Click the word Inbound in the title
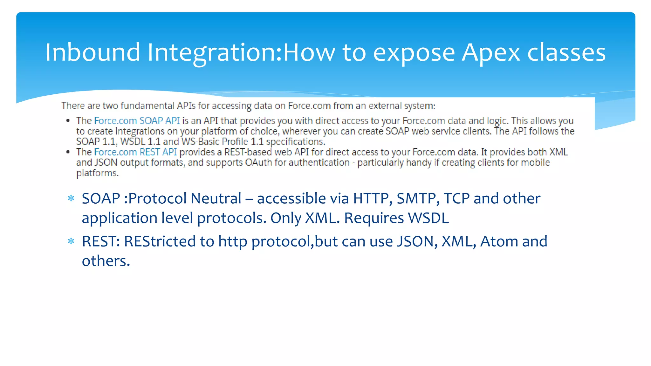[x=93, y=52]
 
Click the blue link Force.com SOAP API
[x=137, y=121]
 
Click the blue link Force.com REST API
[x=135, y=152]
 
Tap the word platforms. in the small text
[x=97, y=173]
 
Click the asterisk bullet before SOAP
[x=71, y=199]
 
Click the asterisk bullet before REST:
[x=71, y=242]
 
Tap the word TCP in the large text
[x=456, y=199]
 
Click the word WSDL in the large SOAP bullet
[x=428, y=218]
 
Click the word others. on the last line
[x=106, y=261]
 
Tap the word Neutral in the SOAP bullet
[x=216, y=199]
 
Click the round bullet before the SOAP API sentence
[x=68, y=121]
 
